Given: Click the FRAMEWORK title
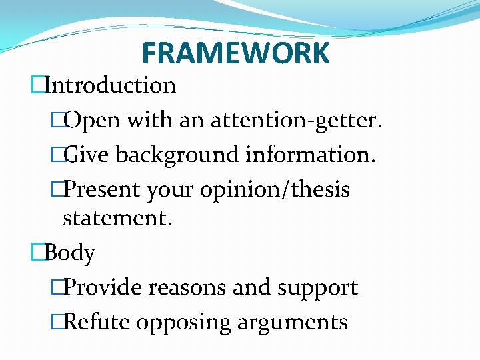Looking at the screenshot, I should click(x=235, y=53).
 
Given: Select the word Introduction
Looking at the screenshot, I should click(x=111, y=85).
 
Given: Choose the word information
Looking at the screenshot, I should click(x=311, y=155).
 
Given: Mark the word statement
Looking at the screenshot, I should click(x=117, y=219).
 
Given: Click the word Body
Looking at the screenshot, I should click(x=70, y=253).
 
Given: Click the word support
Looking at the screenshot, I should click(x=322, y=288).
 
